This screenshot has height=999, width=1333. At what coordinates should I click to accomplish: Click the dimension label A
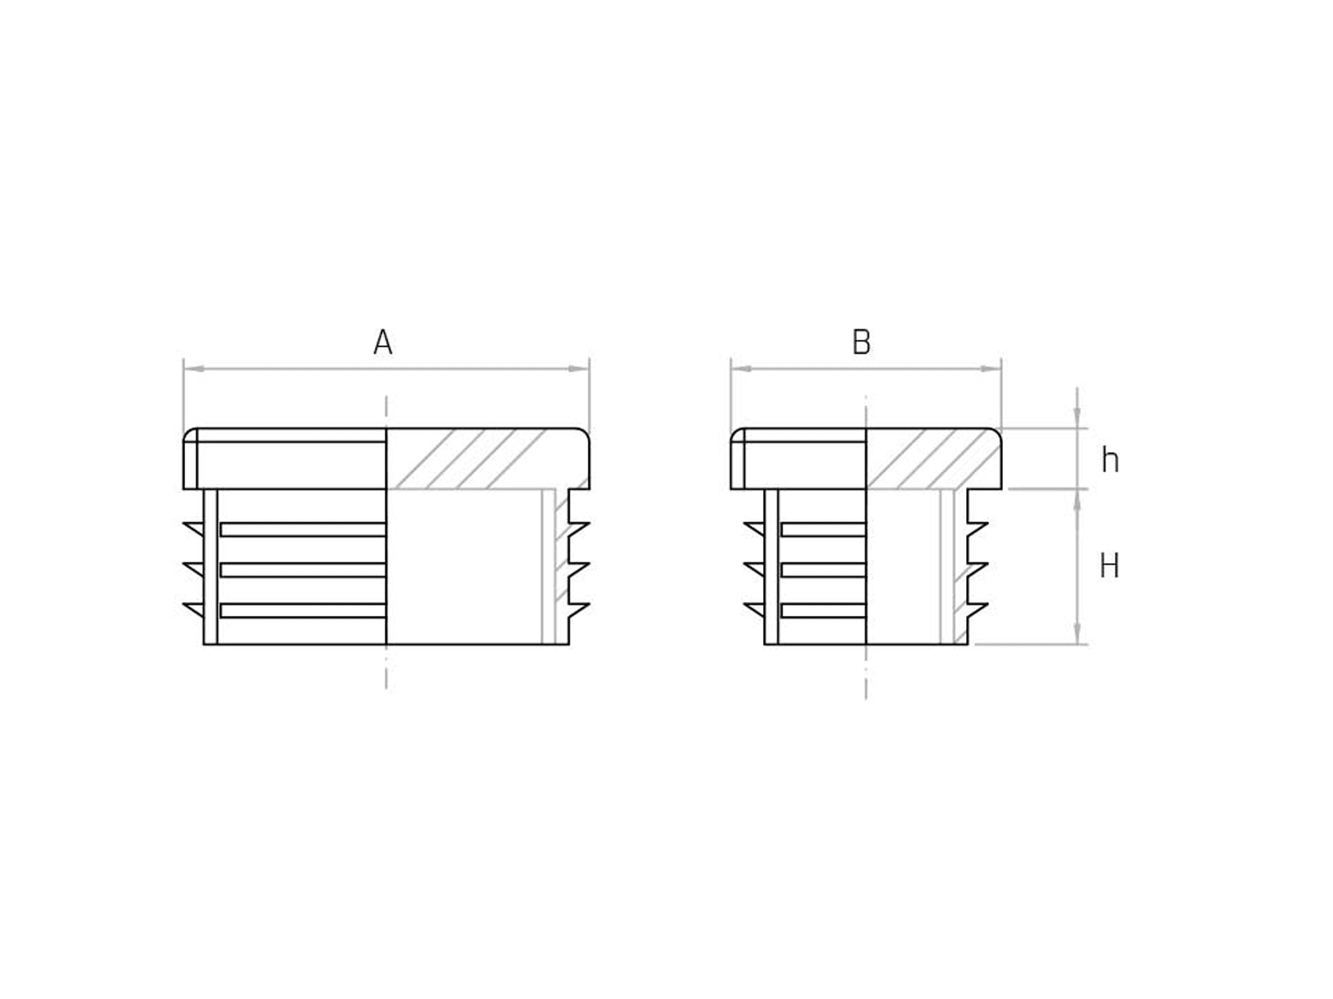point(383,343)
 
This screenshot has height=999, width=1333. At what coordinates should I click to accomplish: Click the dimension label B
point(861,343)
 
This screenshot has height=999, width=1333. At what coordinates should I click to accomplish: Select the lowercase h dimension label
point(1110,461)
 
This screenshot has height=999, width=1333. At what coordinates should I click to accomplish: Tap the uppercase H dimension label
point(1109,567)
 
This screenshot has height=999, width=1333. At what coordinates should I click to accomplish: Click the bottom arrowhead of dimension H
point(1077,635)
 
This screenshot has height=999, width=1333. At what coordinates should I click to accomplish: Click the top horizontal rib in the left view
point(303,529)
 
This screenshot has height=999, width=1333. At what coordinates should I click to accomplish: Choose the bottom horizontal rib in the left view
point(303,610)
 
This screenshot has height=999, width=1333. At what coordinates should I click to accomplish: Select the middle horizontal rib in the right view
point(823,570)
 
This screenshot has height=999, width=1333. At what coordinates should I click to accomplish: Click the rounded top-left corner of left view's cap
point(188,434)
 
